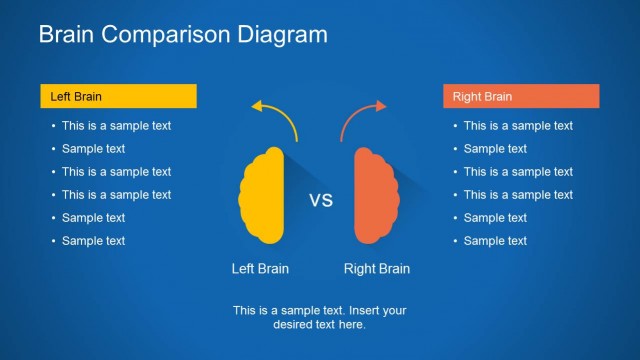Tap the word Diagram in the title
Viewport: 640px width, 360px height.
click(281, 35)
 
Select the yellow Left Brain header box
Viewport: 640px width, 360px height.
click(118, 97)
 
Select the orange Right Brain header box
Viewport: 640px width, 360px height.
click(521, 97)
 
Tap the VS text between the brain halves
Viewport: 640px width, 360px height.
click(320, 200)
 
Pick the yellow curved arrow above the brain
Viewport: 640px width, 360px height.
click(276, 116)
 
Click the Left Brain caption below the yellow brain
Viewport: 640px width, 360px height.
click(260, 269)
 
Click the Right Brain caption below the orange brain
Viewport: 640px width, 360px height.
click(377, 269)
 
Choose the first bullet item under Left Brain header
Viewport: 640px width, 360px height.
click(116, 126)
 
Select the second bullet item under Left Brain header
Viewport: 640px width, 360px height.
click(93, 149)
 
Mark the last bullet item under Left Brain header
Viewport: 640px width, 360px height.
click(93, 241)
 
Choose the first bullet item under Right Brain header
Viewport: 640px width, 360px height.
click(518, 126)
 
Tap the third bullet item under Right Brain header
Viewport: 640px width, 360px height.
click(518, 172)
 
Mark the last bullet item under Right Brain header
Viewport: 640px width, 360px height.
click(495, 241)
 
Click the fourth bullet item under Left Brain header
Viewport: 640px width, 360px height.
click(116, 195)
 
